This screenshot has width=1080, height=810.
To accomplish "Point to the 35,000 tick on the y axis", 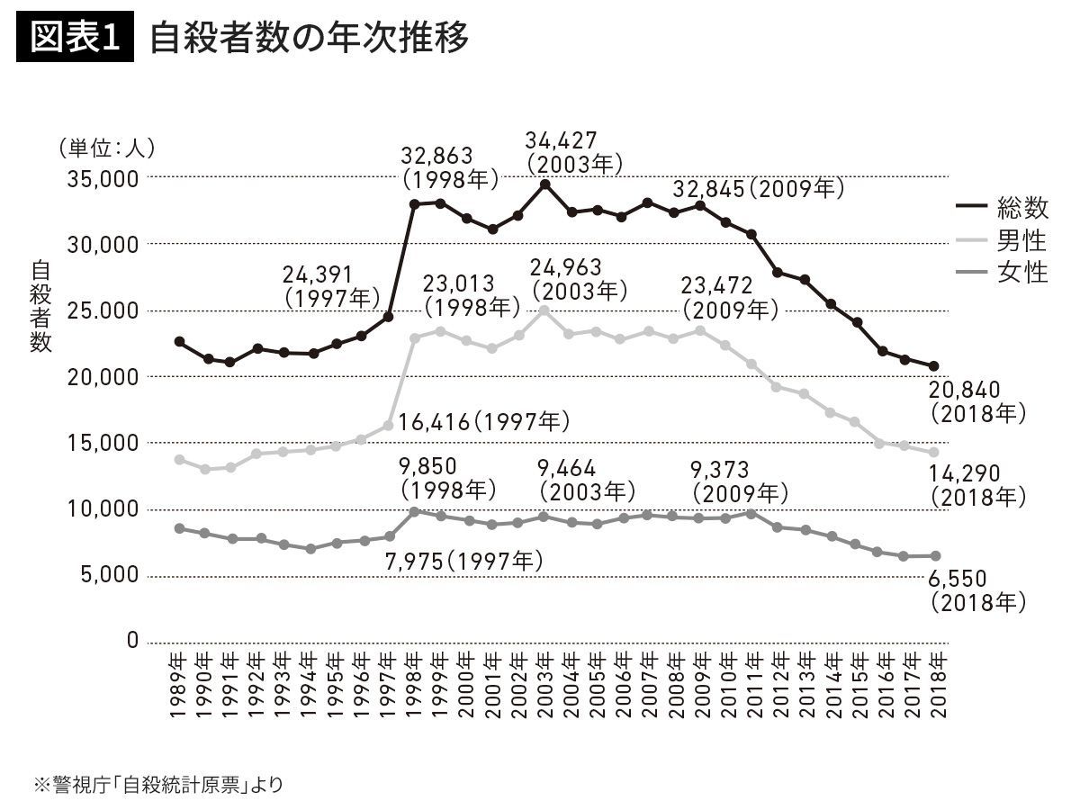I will (101, 178).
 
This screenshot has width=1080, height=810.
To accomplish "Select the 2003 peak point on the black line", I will (544, 184).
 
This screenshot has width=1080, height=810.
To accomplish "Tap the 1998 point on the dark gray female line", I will (414, 511).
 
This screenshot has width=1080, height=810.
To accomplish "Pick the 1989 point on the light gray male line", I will (179, 460).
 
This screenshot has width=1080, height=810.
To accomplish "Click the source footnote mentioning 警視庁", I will (157, 784).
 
